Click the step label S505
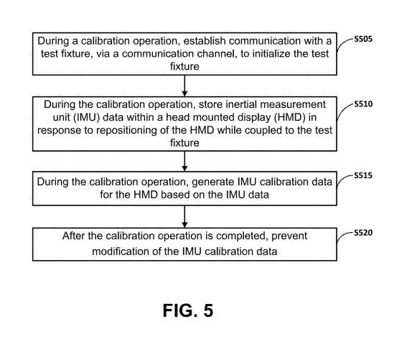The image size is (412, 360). [363, 40]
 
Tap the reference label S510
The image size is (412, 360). [363, 104]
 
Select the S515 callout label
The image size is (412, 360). [363, 175]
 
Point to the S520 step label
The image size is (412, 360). [363, 233]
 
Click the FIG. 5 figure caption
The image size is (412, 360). [188, 310]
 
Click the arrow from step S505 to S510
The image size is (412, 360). [184, 86]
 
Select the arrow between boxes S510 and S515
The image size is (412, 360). [184, 161]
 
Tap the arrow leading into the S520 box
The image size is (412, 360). [184, 216]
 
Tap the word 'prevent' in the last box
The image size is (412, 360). [289, 236]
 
